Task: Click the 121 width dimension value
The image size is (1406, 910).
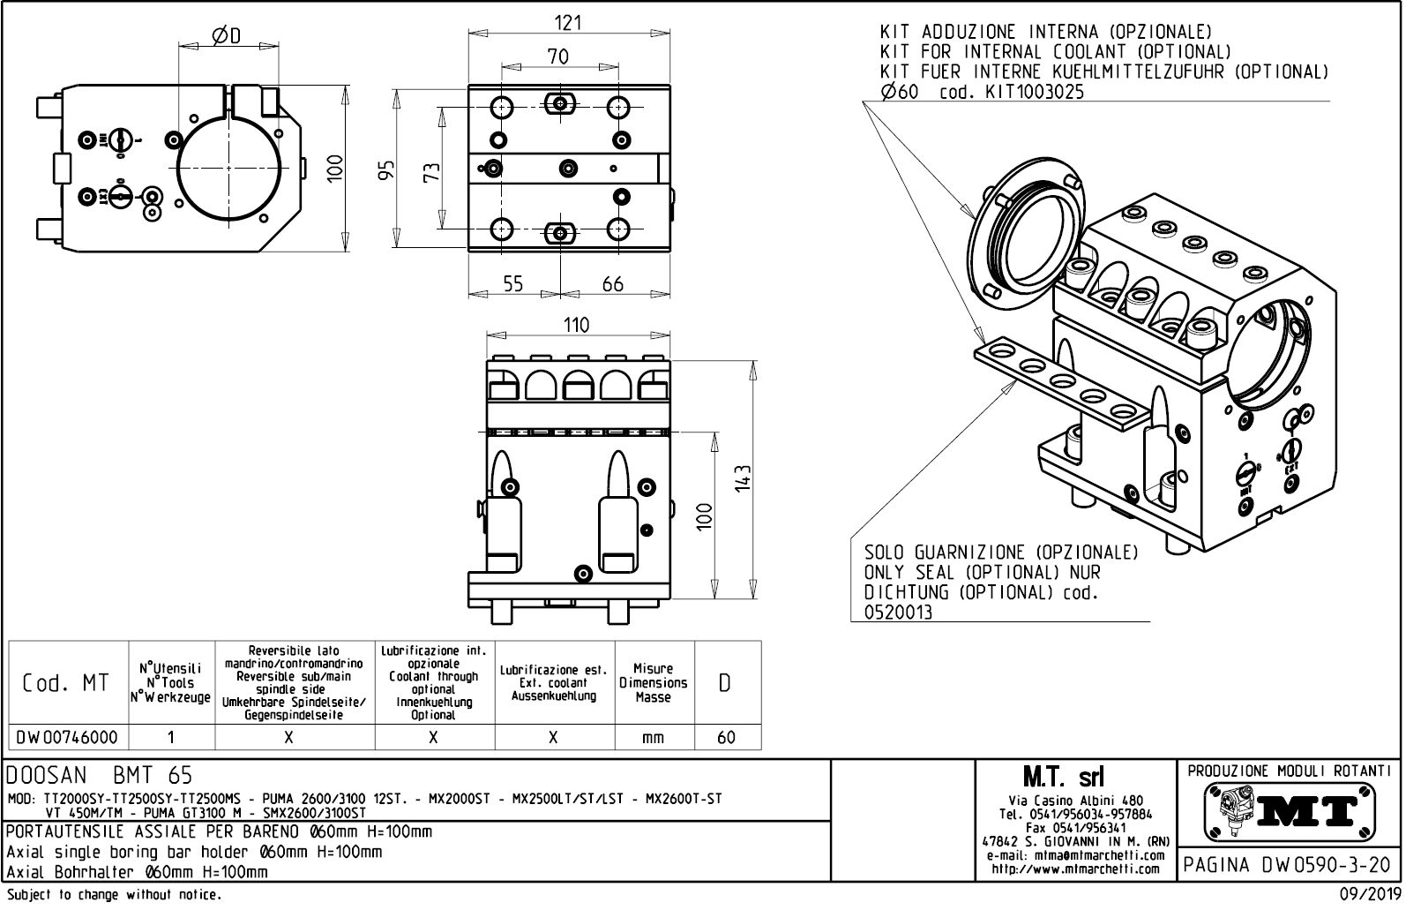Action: tap(567, 22)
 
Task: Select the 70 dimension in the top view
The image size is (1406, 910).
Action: tap(558, 56)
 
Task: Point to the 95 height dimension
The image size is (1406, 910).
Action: tap(386, 169)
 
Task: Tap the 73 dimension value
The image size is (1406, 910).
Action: tap(431, 169)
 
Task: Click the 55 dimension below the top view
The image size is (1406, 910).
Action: tap(512, 283)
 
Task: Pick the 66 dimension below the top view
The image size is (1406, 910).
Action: tap(612, 283)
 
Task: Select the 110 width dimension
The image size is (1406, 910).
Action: tap(576, 325)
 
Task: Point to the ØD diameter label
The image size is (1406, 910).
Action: tap(227, 35)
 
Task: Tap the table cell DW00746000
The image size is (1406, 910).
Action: tap(67, 737)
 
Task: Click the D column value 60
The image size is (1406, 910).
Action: tap(726, 737)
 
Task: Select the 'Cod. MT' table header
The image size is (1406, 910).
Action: tap(67, 683)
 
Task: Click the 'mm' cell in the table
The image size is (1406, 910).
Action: tap(653, 737)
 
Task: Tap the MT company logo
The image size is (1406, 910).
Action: tap(1289, 811)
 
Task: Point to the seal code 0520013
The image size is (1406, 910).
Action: tap(898, 613)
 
